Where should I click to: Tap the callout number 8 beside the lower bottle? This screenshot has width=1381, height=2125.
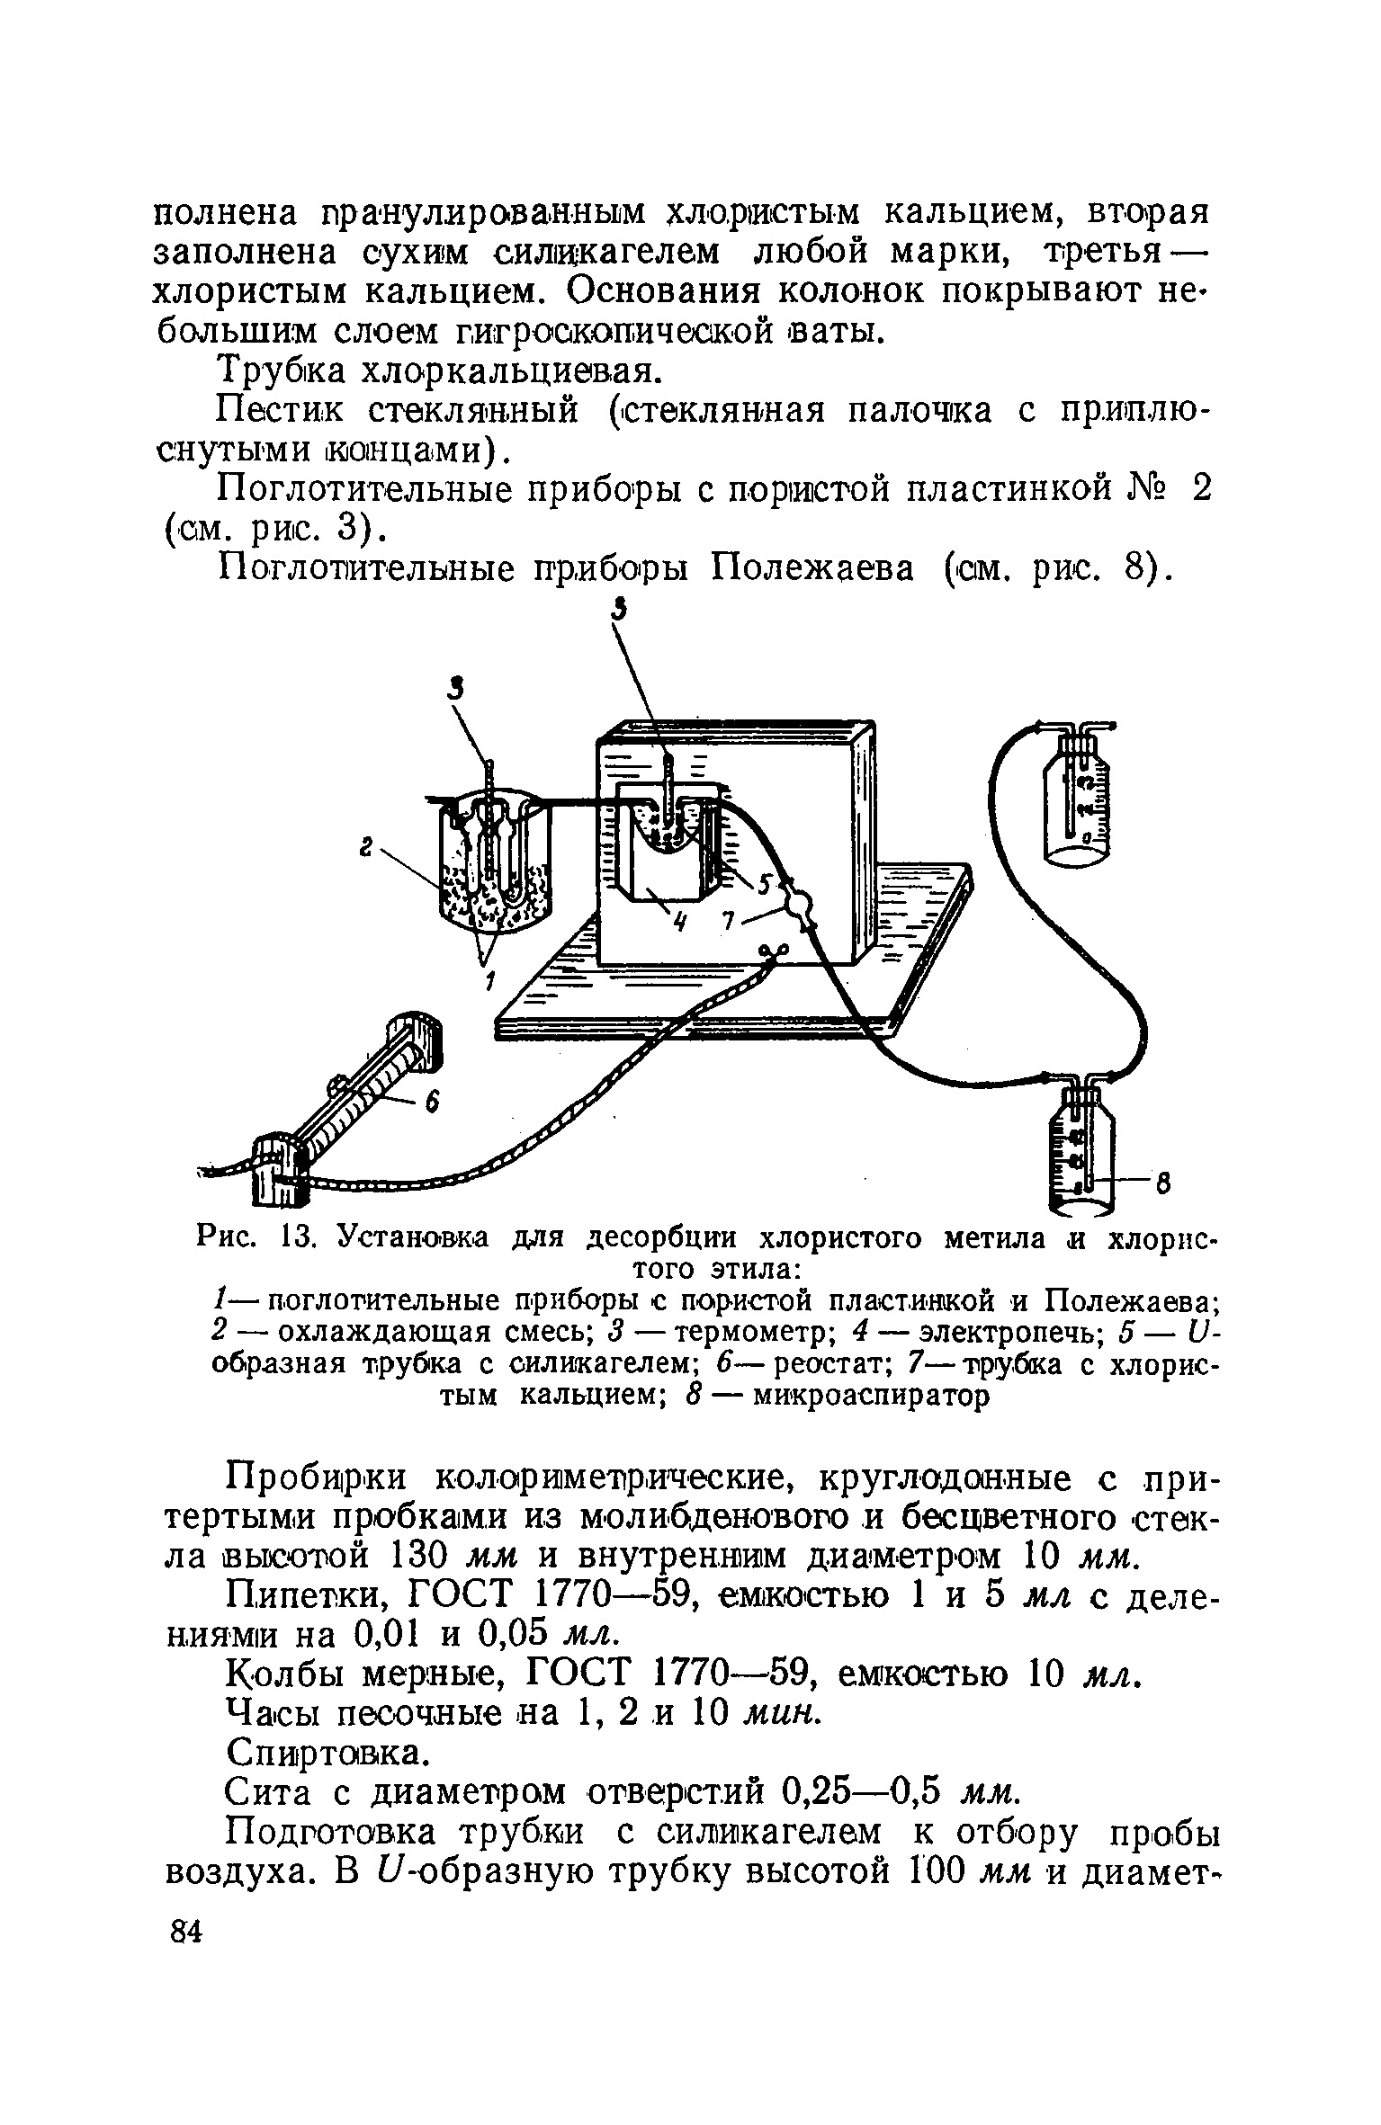click(x=1163, y=1182)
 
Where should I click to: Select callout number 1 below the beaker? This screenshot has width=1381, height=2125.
click(x=490, y=983)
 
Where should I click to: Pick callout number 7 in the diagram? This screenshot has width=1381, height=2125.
click(x=730, y=920)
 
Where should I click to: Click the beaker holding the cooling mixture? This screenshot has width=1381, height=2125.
click(x=494, y=863)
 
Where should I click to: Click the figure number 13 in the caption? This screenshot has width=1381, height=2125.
click(x=296, y=1239)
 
